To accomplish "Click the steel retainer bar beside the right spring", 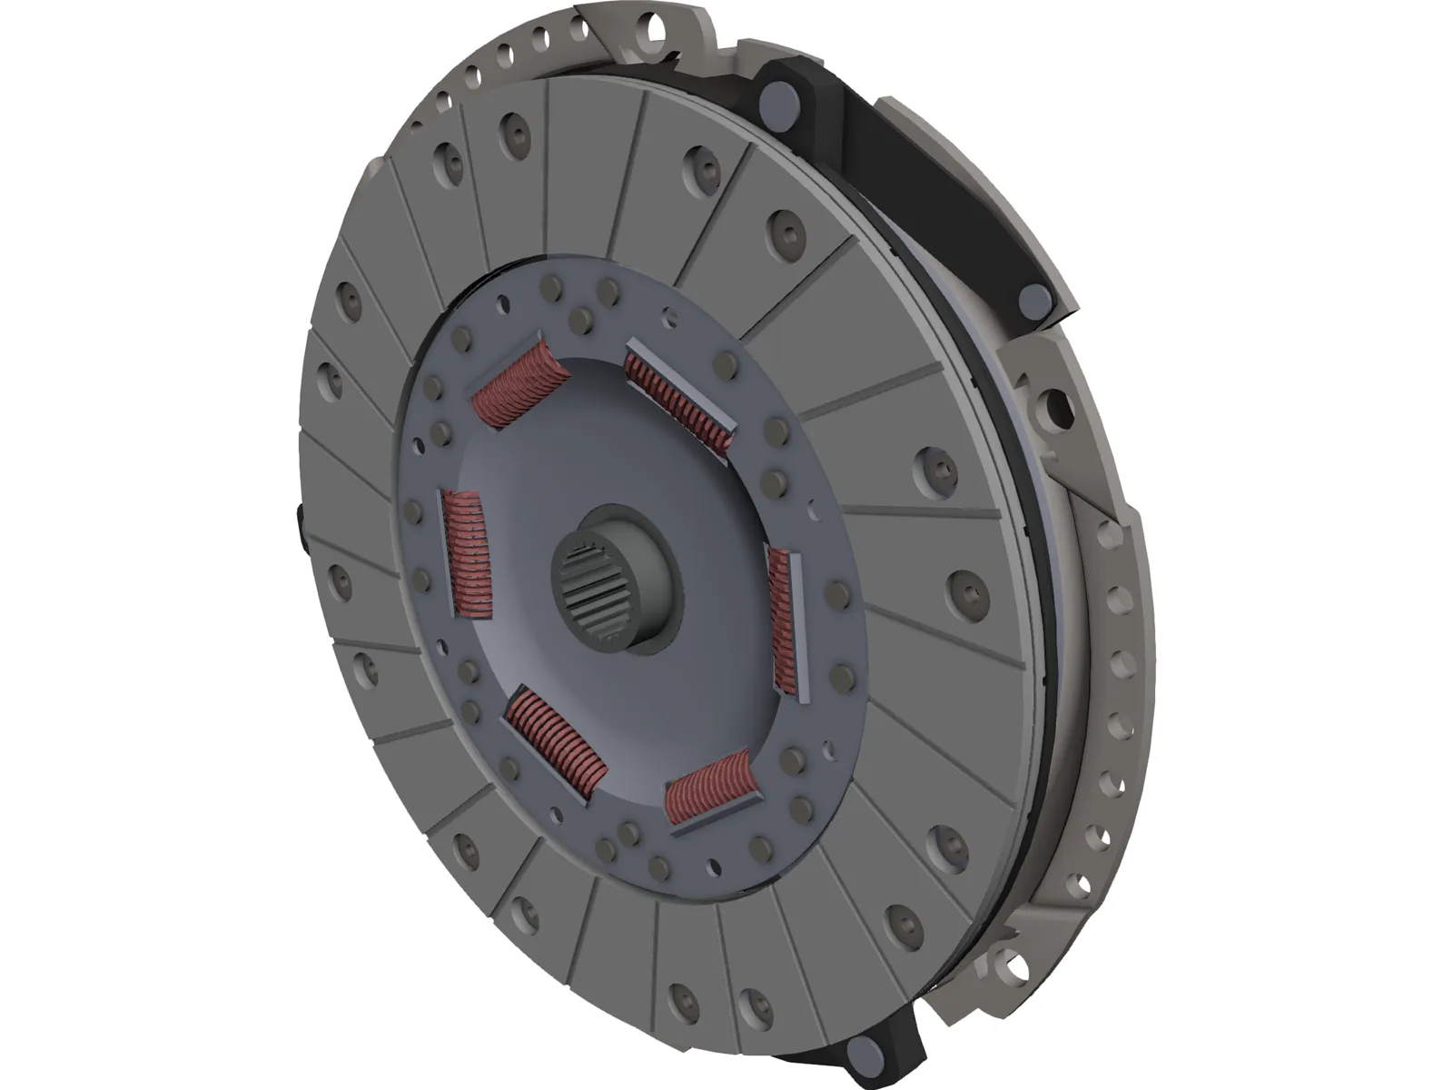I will click(x=801, y=627).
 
